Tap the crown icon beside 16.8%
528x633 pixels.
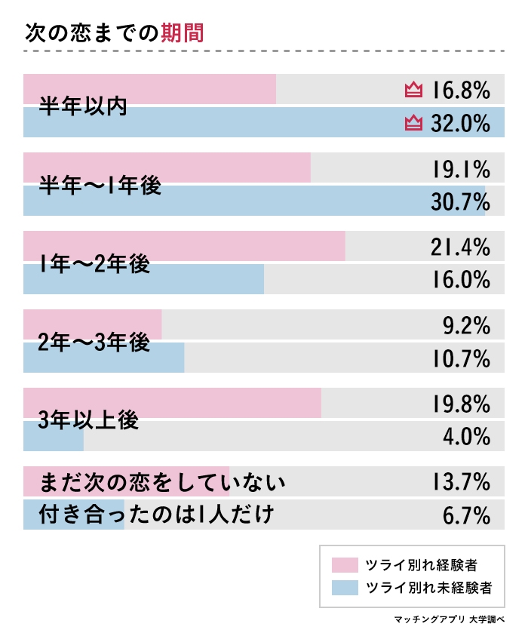click(x=413, y=91)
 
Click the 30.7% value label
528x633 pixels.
click(x=461, y=201)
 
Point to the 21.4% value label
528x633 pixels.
click(x=461, y=247)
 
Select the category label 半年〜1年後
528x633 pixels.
click(x=100, y=186)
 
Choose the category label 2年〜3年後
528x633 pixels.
click(x=94, y=343)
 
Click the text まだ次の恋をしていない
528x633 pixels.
click(x=155, y=481)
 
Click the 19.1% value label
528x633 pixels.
click(x=461, y=168)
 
